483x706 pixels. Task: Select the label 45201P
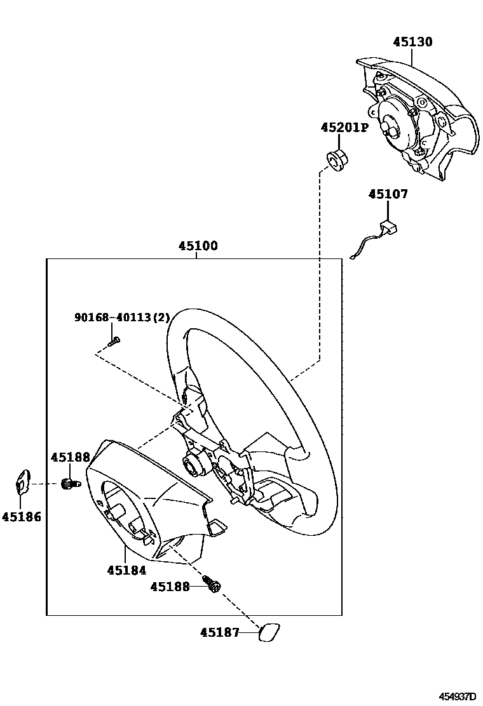[x=344, y=128]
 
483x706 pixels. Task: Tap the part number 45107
[x=388, y=194]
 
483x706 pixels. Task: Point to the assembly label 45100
[x=197, y=246]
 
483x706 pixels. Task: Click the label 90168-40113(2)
[x=112, y=317]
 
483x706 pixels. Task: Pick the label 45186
[x=21, y=517]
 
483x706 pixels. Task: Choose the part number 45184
[x=126, y=570]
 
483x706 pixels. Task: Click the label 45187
[x=220, y=632]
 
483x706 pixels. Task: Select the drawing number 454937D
[x=457, y=696]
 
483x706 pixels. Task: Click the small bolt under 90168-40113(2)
[x=114, y=343]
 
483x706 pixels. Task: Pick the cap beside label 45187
[x=269, y=634]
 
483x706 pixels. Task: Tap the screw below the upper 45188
[x=69, y=484]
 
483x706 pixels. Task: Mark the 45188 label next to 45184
[x=170, y=587]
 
